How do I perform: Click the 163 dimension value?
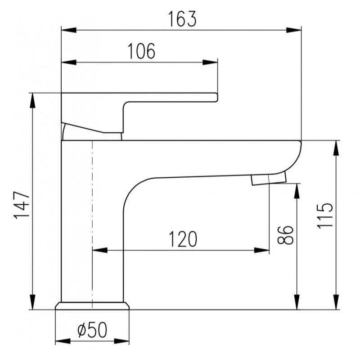pos(182,19)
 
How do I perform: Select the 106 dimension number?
pos(141,51)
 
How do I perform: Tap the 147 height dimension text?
pos(22,205)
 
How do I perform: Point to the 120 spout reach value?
pos(183,239)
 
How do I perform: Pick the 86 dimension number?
pos(285,235)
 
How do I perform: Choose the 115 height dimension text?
pos(324,216)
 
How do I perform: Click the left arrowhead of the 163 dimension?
pos(69,30)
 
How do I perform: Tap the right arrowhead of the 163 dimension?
pos(294,30)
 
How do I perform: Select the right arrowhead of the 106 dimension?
pos(210,62)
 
